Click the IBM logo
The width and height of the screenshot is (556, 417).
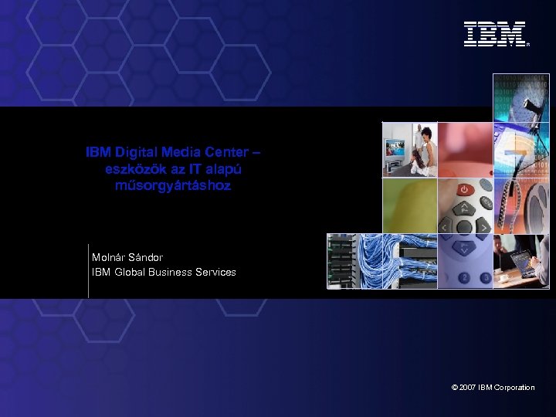coord(495,34)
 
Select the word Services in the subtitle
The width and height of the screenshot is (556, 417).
coord(215,272)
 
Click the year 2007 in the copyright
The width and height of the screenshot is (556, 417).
coord(466,387)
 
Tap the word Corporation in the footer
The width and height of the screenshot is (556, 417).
coord(513,387)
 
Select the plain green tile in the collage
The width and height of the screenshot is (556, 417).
coord(409,205)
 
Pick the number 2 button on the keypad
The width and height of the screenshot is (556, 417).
coord(464,276)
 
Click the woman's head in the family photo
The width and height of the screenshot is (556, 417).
coord(423,134)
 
